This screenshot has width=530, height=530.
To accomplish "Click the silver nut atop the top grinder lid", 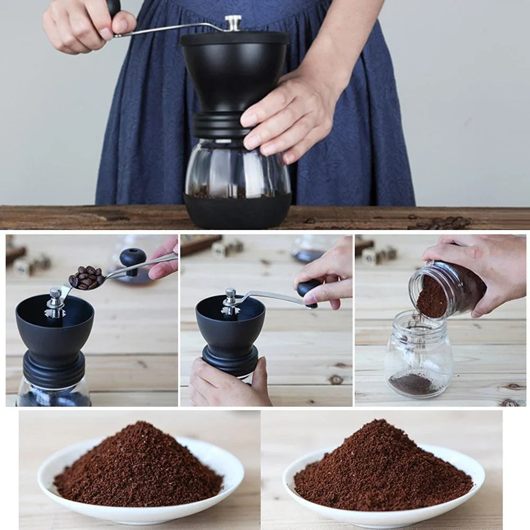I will point(233,23).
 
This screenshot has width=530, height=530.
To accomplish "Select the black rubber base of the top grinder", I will point(237,211).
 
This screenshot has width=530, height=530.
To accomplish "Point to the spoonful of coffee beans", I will point(86,277).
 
